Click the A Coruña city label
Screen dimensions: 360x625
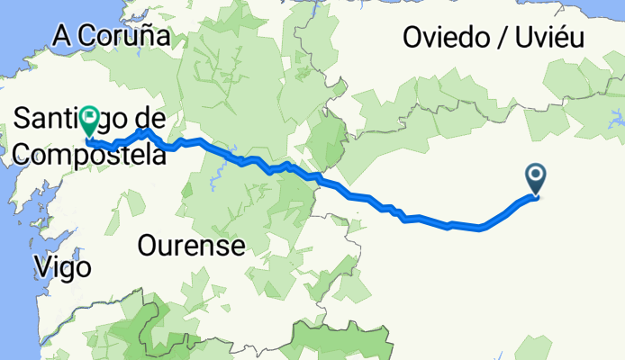(x=112, y=36)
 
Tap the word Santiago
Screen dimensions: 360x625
(x=62, y=117)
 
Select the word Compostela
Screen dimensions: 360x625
(x=90, y=155)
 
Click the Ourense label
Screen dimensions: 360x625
(x=192, y=245)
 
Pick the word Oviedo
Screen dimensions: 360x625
(x=445, y=38)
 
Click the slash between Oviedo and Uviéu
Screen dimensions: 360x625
(x=499, y=38)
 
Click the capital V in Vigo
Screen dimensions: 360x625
(x=41, y=266)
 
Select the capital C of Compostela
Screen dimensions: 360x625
(x=24, y=155)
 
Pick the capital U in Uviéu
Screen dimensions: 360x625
(x=522, y=38)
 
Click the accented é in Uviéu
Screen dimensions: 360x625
(x=557, y=38)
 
